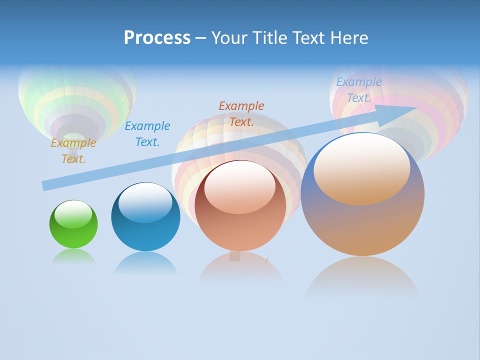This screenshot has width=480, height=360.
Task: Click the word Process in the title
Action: coord(157,38)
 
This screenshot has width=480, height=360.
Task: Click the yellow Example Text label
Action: coord(73,151)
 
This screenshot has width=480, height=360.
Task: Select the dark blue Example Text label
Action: coord(147,134)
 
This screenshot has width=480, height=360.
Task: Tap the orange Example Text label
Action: coord(241,113)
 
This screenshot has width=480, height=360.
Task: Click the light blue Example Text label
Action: coord(359,90)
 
